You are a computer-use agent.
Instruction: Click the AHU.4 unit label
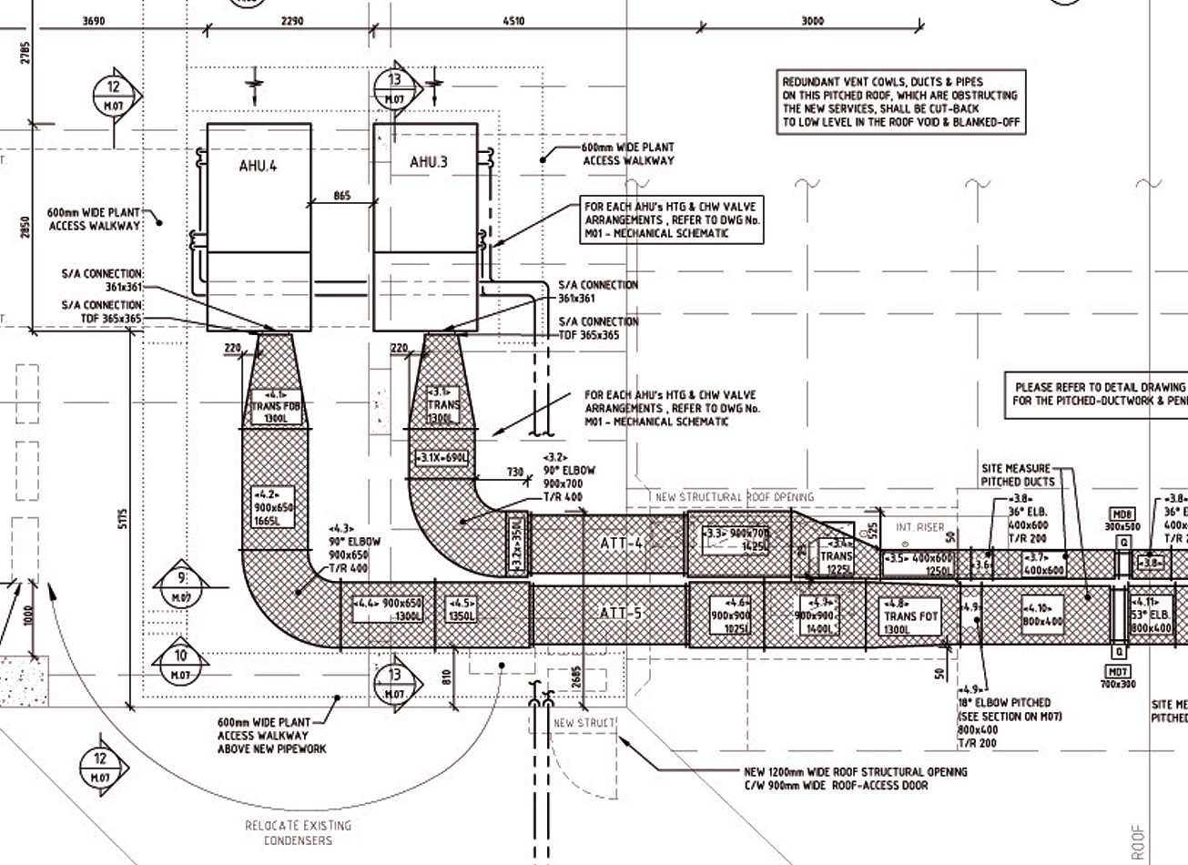click(x=258, y=166)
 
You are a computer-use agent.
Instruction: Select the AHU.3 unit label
click(x=428, y=162)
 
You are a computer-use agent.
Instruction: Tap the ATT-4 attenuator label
click(x=622, y=544)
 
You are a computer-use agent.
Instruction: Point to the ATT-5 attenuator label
click(x=622, y=613)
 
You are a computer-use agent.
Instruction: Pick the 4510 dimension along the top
click(x=513, y=21)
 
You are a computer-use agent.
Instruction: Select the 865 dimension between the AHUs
click(x=341, y=196)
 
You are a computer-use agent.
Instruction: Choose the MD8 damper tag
click(x=1122, y=520)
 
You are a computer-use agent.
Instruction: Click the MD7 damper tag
click(x=1118, y=677)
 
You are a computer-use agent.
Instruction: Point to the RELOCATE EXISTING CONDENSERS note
click(x=298, y=832)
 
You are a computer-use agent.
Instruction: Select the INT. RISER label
click(x=919, y=527)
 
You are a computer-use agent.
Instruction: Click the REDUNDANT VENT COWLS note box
click(x=899, y=102)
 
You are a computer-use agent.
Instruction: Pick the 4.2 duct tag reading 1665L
click(x=273, y=507)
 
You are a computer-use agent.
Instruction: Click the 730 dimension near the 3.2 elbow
click(x=515, y=473)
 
